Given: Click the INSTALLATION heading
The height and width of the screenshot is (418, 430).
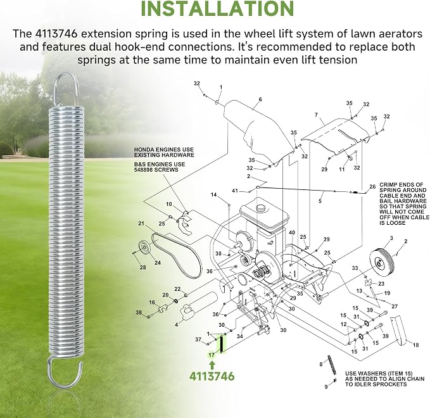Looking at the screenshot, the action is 217,8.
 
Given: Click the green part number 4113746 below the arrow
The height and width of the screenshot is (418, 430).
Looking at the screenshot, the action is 212,376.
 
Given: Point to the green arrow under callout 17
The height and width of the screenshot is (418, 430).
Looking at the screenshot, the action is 212,365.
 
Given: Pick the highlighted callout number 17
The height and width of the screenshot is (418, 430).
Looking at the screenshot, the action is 212,355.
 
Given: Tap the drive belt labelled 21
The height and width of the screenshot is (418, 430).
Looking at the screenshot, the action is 177,254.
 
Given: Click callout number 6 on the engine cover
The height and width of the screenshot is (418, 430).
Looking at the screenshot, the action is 260,99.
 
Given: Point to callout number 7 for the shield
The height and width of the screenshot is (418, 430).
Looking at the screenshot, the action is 316,115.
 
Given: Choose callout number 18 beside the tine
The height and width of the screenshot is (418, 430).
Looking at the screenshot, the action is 415,345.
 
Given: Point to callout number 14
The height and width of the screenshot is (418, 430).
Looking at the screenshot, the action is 213,194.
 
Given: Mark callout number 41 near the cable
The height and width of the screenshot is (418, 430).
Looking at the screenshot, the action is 235,191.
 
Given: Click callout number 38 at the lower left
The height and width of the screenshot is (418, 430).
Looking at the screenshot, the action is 139,312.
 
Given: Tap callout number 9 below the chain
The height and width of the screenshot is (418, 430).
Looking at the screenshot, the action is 326,387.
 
